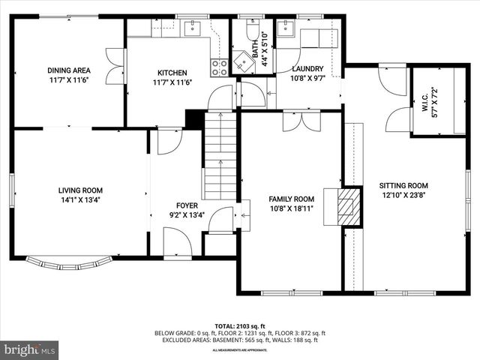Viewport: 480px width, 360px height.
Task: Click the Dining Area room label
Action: coord(69,70)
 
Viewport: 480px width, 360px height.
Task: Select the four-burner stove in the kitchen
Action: coord(220,68)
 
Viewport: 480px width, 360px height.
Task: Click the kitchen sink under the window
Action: coord(190,28)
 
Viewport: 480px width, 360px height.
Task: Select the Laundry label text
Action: coord(307,69)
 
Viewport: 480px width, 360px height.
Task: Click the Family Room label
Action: coord(292,199)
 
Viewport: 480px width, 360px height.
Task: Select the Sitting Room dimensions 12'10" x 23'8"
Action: coord(403,195)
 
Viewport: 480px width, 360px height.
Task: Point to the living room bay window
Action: coord(69,262)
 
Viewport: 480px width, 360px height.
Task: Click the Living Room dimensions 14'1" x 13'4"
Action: coord(81,200)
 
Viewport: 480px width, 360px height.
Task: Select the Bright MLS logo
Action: coord(30,349)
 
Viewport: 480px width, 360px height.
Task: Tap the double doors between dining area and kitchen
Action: coord(115,66)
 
